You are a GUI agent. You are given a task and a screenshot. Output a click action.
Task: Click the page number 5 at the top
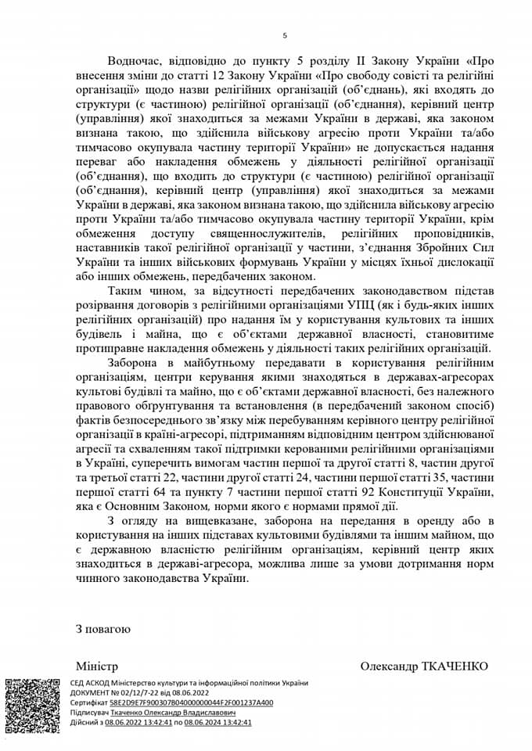tap(285, 36)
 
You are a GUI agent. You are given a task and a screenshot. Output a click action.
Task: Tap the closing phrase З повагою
tap(103, 628)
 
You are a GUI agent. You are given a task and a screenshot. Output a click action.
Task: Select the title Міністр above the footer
tap(96, 667)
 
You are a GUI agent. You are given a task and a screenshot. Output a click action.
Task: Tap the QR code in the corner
tap(31, 706)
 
